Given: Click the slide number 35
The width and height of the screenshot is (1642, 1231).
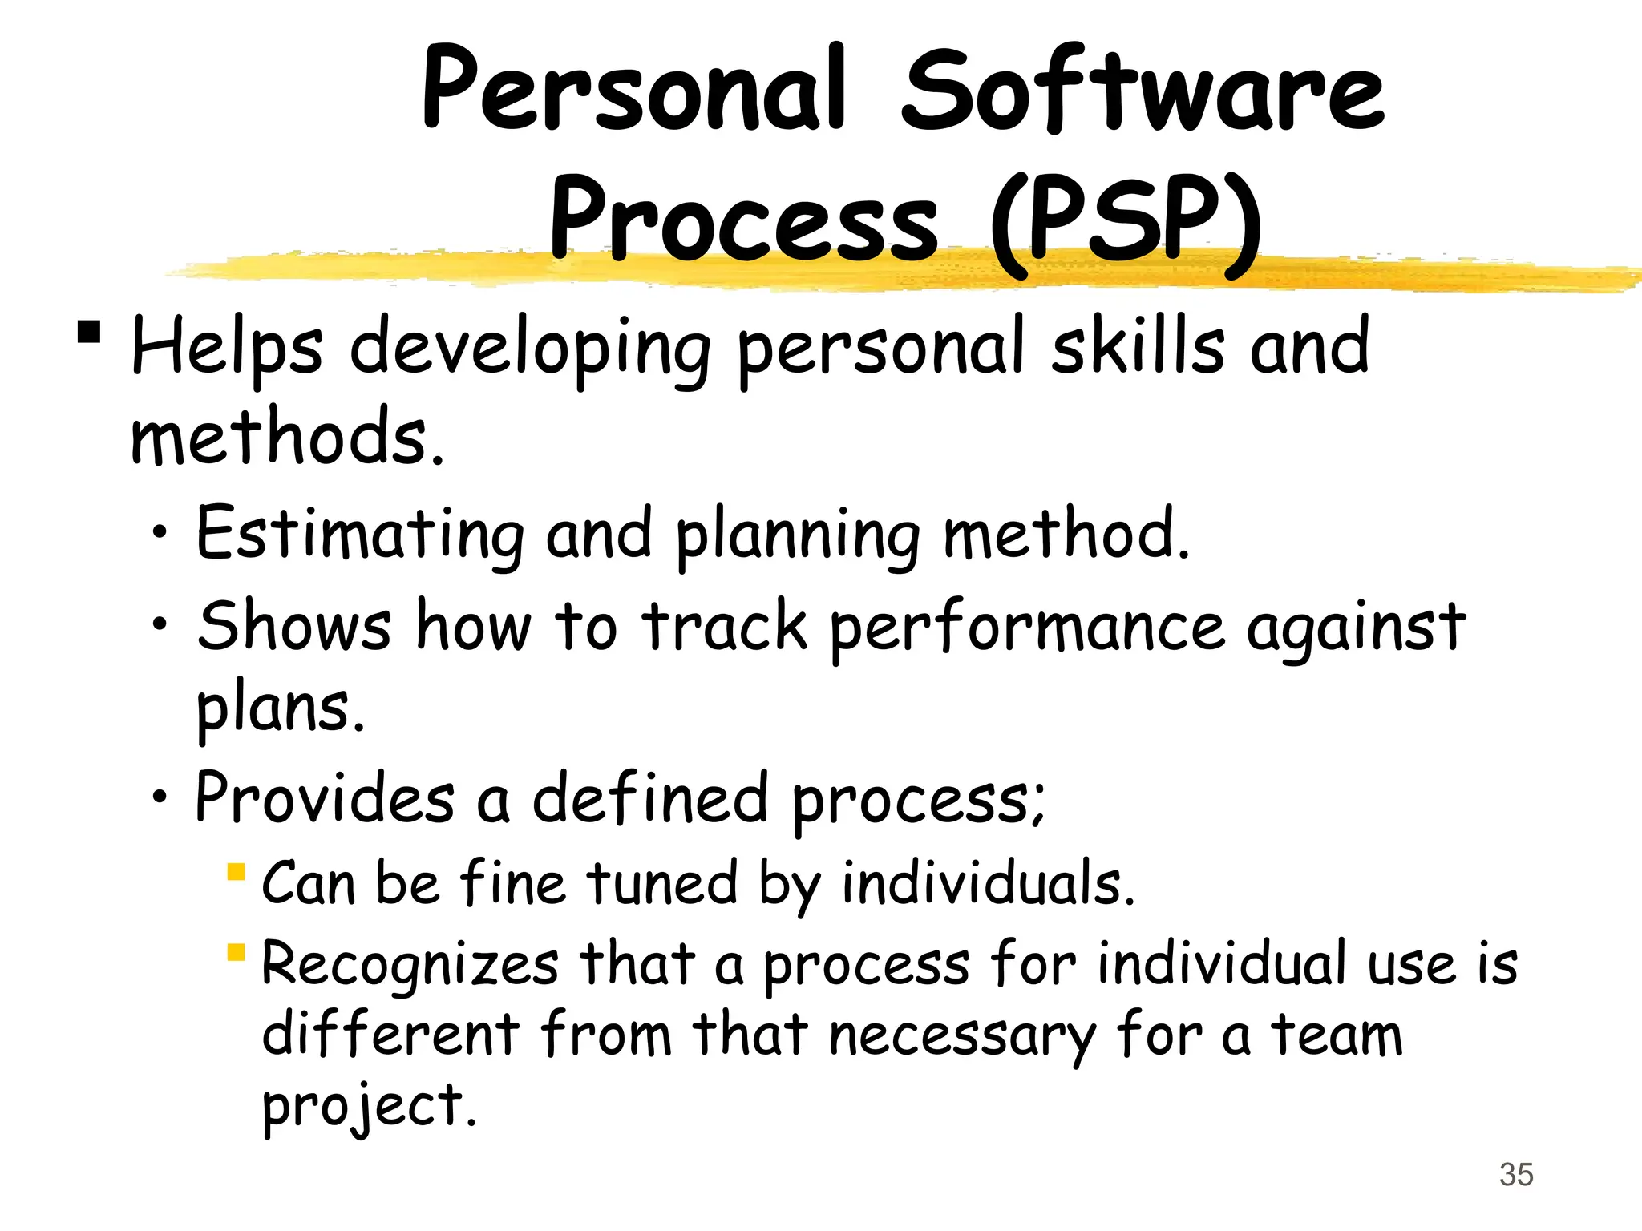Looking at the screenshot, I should pos(1516,1175).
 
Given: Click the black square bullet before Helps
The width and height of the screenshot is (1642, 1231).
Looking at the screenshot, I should pos(89,332).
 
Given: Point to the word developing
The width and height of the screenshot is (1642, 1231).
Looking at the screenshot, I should pos(530,349).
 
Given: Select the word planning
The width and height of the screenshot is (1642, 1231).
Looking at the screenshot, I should pos(798,535).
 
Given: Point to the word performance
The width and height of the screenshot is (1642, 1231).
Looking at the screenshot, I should pos(1026,628).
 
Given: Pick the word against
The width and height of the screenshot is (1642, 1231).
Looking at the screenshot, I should pos(1355,628).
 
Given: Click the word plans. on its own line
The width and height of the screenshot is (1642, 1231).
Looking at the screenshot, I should pos(281,708).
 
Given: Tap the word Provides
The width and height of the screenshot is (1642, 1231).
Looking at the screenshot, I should pos(325,797).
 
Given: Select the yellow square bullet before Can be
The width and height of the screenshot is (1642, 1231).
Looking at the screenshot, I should pos(235,871).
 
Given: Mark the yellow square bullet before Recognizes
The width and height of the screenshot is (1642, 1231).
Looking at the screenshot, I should pos(235,952).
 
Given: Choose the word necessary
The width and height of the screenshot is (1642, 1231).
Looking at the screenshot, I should pos(961,1035).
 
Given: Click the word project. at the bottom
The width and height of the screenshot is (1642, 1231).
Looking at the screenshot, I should pos(369,1106).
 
